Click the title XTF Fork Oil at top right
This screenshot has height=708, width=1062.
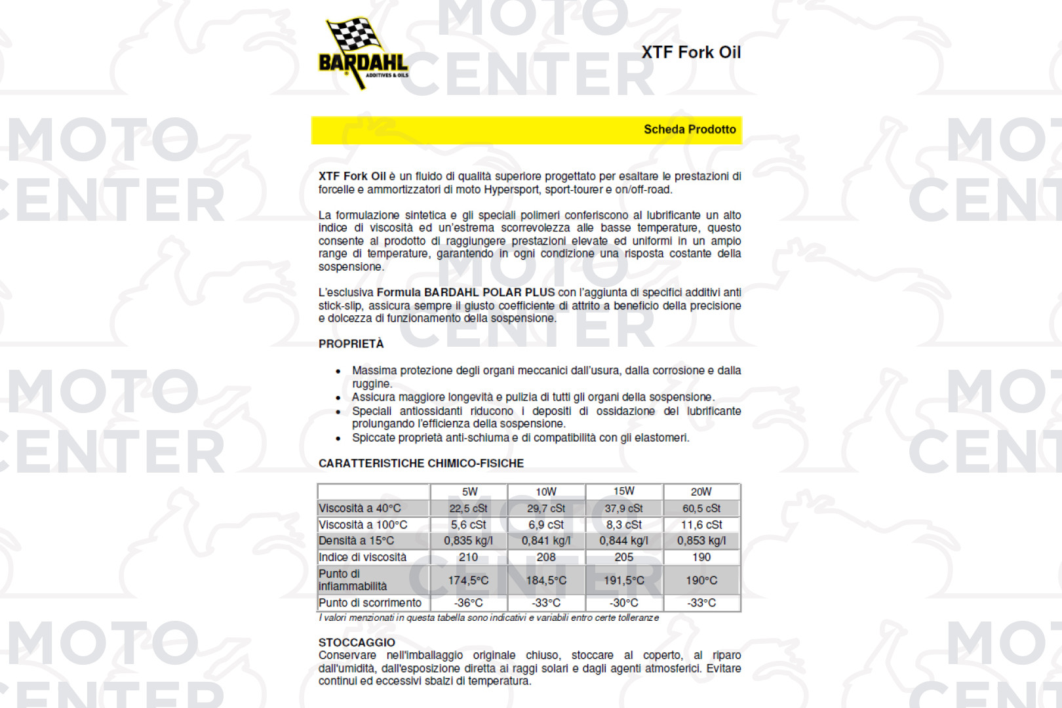tap(690, 52)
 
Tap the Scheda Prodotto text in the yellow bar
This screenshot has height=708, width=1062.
tap(689, 129)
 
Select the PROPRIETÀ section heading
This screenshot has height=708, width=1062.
tap(351, 344)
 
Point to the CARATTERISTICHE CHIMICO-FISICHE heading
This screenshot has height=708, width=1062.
tap(421, 463)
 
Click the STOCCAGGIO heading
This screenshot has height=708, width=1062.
tap(357, 642)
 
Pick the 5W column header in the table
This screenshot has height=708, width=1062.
tap(469, 492)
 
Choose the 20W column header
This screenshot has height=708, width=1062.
tap(701, 492)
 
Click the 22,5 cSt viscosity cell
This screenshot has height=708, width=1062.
tap(468, 508)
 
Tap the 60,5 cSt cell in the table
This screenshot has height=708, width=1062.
tap(701, 508)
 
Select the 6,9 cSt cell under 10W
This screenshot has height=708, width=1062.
tap(545, 524)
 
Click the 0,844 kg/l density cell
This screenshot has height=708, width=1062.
tap(623, 541)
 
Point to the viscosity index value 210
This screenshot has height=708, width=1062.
tap(468, 557)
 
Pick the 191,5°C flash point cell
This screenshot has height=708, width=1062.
tap(623, 580)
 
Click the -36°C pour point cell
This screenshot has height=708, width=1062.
tap(468, 602)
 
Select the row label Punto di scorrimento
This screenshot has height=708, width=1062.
tap(370, 602)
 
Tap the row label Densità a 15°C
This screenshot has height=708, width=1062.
tap(356, 541)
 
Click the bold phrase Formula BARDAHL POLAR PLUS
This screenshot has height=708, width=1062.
tap(465, 292)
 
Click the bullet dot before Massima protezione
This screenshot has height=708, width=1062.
tap(338, 372)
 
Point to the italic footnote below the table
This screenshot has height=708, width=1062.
tap(488, 618)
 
